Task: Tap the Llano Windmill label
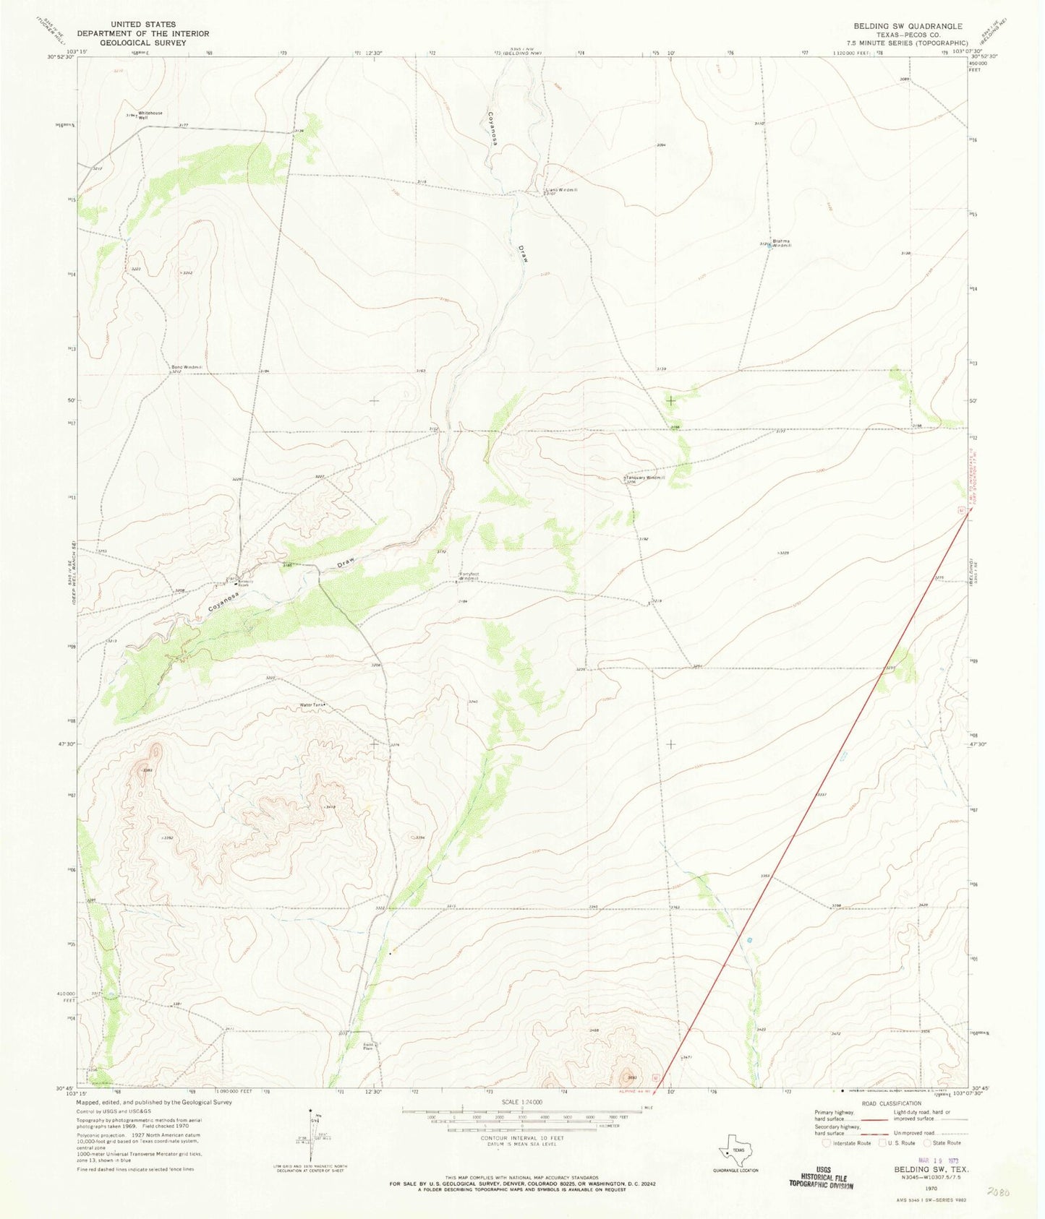[x=560, y=191]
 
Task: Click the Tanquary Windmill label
[x=644, y=478]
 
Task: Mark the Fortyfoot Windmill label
[x=469, y=577]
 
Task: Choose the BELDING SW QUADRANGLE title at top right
[x=910, y=25]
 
